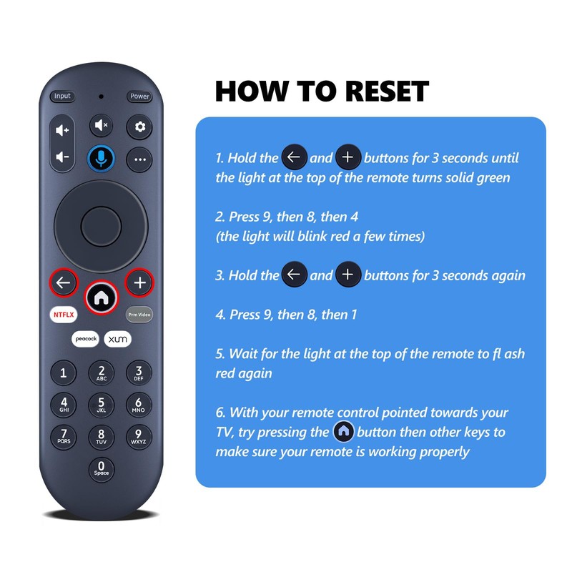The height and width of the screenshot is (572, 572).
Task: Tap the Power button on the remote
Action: click(x=139, y=97)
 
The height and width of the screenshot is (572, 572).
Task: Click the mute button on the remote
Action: click(x=100, y=126)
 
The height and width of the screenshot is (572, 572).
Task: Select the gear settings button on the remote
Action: click(x=139, y=127)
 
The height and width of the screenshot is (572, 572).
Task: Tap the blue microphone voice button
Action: click(x=101, y=158)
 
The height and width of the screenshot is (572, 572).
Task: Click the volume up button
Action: click(x=63, y=130)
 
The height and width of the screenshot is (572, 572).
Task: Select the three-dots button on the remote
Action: click(x=139, y=159)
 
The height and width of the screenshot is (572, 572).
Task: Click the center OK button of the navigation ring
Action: click(x=101, y=227)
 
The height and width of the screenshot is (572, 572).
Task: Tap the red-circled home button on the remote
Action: click(x=101, y=295)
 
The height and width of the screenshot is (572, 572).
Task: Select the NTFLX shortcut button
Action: click(x=63, y=314)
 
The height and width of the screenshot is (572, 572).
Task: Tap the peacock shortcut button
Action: click(x=84, y=339)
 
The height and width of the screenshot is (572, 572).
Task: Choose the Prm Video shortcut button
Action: click(x=139, y=314)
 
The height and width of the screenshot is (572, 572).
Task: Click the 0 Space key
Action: click(x=101, y=469)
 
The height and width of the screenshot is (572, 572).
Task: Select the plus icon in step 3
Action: click(x=348, y=275)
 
